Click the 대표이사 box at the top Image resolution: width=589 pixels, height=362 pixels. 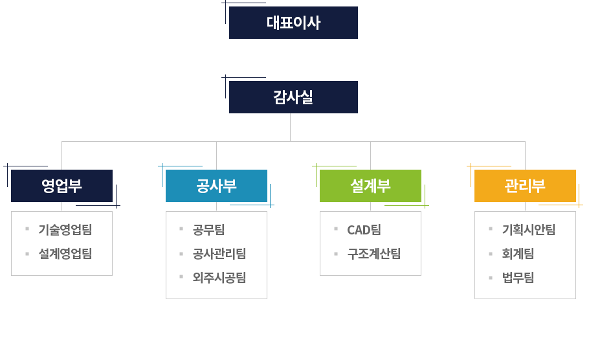tap(293, 23)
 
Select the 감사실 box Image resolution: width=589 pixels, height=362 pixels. tap(293, 97)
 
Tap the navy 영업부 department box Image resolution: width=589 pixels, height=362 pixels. tap(61, 187)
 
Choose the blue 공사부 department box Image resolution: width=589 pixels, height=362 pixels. tap(216, 187)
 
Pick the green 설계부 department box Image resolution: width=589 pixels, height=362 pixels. tap(370, 187)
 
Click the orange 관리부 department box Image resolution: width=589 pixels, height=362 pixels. tap(525, 187)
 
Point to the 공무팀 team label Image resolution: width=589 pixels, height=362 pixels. tap(208, 229)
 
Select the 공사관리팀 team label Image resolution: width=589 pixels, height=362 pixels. tap(219, 253)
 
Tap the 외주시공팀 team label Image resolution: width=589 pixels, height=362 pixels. tap(219, 278)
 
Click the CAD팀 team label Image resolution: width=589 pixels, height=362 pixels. tap(364, 229)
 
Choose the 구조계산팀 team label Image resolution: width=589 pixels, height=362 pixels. tap(373, 253)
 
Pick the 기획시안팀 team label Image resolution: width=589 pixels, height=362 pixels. tap(528, 229)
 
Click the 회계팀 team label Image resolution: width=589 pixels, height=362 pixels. tap(518, 253)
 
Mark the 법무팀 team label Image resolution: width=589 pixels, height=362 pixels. tap(518, 278)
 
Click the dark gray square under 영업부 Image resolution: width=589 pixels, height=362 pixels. tap(61, 242)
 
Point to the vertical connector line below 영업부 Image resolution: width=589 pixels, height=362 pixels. tap(61, 207)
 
